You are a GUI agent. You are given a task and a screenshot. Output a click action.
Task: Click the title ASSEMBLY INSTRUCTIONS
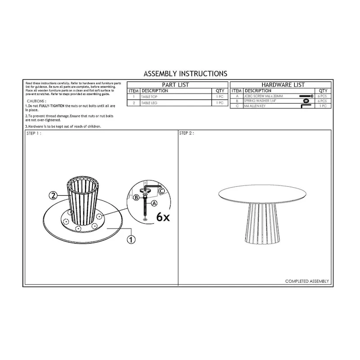pyautogui.click(x=184, y=73)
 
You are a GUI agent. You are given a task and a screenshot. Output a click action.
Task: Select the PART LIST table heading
pyautogui.click(x=175, y=85)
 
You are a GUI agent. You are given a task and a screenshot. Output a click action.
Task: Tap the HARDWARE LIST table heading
pyautogui.click(x=283, y=85)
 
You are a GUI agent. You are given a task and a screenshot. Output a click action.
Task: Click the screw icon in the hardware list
pyautogui.click(x=306, y=96)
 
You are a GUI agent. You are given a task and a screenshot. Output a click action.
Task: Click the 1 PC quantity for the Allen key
pyautogui.click(x=323, y=106)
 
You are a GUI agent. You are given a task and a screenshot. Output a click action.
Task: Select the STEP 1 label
pyautogui.click(x=34, y=134)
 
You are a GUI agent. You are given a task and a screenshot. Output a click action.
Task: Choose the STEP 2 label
pyautogui.click(x=186, y=134)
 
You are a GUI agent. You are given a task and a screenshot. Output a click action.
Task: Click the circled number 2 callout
pyautogui.click(x=53, y=195)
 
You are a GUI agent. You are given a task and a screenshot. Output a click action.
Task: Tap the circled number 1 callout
pyautogui.click(x=131, y=239)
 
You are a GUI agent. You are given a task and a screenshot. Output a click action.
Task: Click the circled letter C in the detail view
pyautogui.click(x=161, y=190)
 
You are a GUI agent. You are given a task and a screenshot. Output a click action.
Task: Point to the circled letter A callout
pyautogui.click(x=155, y=203)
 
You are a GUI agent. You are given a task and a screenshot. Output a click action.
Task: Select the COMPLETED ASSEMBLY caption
pyautogui.click(x=307, y=281)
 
